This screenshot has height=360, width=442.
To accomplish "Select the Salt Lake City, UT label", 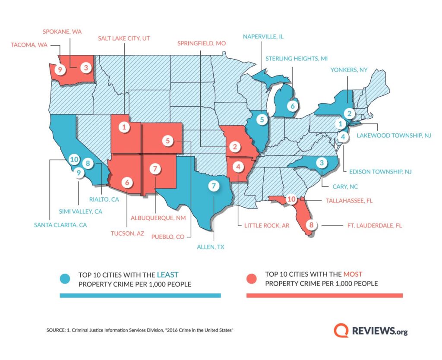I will click(124, 38).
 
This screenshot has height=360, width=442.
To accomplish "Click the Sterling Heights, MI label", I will click(292, 58).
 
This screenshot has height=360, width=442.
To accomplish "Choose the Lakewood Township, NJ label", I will click(394, 135).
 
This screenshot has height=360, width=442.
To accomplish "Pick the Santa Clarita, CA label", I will click(61, 224).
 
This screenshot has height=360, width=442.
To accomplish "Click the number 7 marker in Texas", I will click(213, 186).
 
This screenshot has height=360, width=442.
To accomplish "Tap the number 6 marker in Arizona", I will click(126, 183).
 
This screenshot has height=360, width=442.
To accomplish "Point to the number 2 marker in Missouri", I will click(234, 147).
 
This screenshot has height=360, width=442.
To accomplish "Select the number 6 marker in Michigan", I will click(292, 105).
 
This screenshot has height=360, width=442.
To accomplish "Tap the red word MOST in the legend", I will click(353, 274).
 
